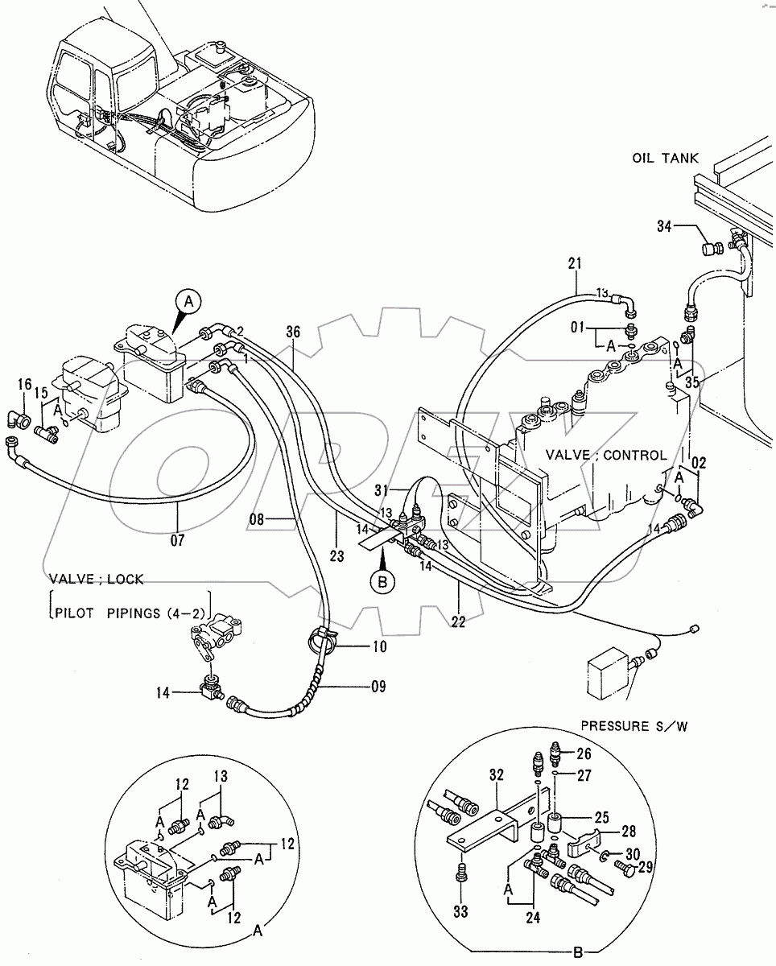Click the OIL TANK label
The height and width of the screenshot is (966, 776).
665,159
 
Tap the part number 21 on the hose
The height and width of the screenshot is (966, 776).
574,263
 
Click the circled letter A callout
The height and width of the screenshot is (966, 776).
188,302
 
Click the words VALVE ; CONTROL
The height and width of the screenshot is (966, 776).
606,455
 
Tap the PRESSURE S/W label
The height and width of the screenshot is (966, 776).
634,726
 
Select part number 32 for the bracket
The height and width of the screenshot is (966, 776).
495,776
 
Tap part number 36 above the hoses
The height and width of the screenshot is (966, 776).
292,331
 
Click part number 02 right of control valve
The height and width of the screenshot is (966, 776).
699,463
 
